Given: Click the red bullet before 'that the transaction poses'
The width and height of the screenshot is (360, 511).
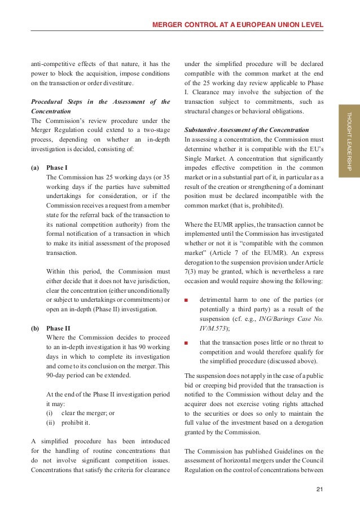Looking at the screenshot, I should click(187, 342).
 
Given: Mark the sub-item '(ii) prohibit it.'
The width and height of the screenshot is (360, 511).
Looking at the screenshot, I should click(70, 422).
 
